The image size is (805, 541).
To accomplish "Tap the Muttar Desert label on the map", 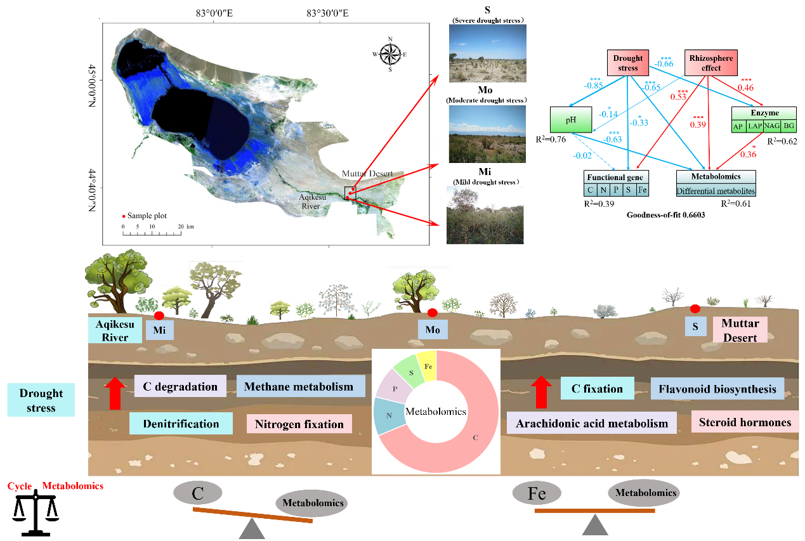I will pyautogui.click(x=367, y=173).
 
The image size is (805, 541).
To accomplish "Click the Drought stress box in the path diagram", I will pyautogui.click(x=627, y=63).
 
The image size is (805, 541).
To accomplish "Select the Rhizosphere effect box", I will pyautogui.click(x=710, y=63).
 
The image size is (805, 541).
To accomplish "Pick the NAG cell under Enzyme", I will pyautogui.click(x=771, y=126).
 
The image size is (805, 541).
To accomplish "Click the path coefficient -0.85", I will pyautogui.click(x=594, y=86).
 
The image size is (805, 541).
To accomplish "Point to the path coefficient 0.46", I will pyautogui.click(x=745, y=88).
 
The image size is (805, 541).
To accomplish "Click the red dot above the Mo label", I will pyautogui.click(x=433, y=312).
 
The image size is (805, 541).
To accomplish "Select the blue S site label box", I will pyautogui.click(x=695, y=326).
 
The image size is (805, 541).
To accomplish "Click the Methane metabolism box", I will pyautogui.click(x=301, y=387).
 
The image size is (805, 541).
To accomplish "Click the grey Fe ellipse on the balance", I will pyautogui.click(x=537, y=493).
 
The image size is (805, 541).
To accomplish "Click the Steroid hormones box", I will pyautogui.click(x=745, y=422).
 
